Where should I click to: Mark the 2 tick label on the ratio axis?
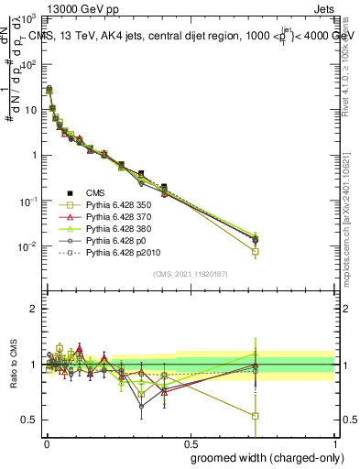point(33,309)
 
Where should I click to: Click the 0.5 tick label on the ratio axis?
point(29,420)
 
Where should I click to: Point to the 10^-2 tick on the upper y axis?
point(27,245)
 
